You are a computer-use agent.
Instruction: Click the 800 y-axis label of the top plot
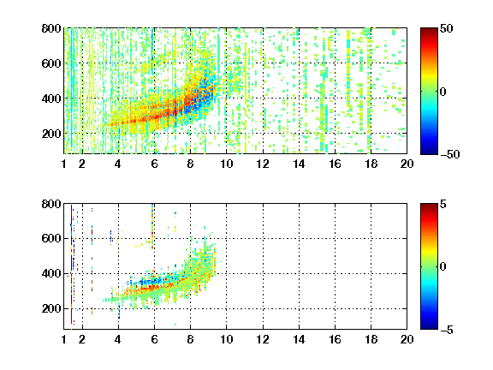(51, 28)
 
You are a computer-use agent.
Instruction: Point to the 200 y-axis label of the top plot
(51, 134)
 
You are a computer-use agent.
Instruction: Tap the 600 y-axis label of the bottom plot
(51, 238)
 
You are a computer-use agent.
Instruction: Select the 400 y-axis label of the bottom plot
(51, 273)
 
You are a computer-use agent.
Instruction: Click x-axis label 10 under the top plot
(226, 164)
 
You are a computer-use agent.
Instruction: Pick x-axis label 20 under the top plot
(407, 164)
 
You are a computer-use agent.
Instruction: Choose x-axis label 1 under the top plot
(64, 164)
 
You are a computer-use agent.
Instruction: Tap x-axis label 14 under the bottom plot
(299, 339)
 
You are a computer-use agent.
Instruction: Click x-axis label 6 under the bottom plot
(154, 339)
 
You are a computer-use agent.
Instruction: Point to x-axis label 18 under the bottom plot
(371, 339)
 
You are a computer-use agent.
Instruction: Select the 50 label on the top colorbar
(447, 28)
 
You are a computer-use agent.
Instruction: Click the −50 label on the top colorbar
(449, 154)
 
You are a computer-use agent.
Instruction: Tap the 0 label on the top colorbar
(443, 92)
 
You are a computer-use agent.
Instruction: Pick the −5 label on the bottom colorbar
(447, 330)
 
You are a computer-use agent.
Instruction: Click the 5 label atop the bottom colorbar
(443, 204)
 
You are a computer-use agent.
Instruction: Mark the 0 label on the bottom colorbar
(443, 267)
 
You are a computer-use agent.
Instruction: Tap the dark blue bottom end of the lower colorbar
(429, 327)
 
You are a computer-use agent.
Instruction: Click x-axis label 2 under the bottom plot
(82, 339)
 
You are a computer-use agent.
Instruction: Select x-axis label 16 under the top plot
(335, 164)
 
